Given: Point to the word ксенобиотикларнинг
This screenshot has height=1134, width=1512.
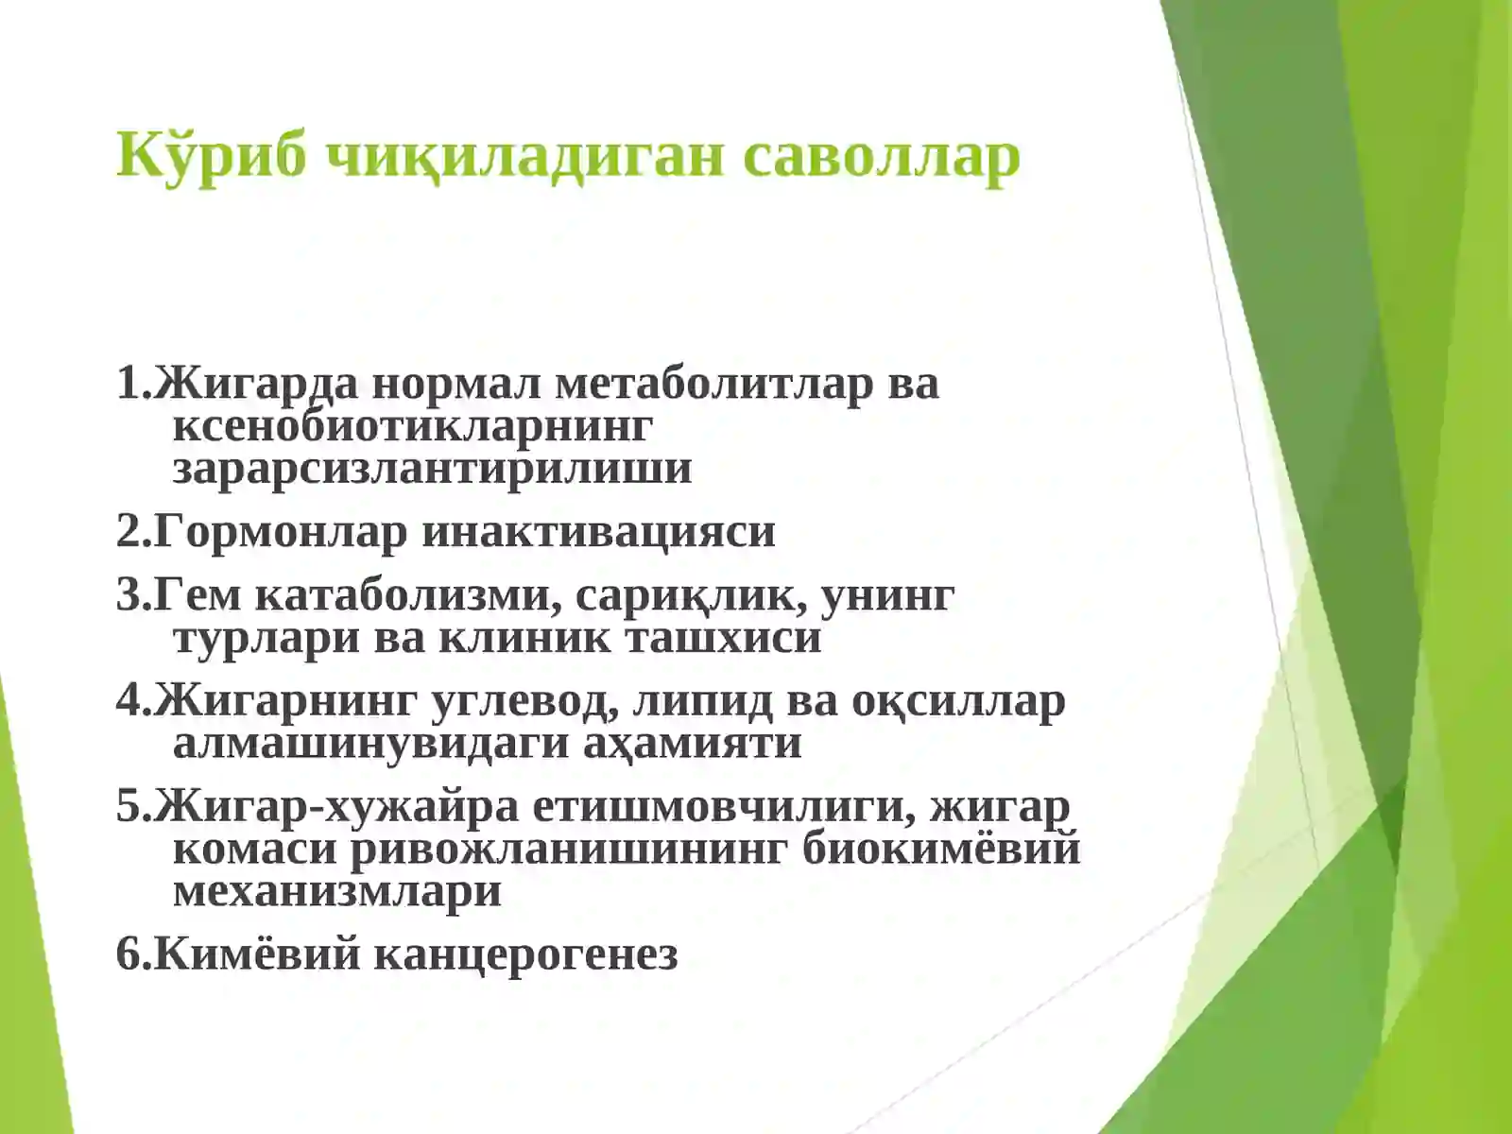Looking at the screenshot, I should tap(412, 425).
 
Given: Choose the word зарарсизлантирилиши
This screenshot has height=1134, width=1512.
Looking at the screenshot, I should tap(432, 468).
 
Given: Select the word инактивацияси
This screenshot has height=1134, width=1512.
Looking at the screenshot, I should tap(598, 531).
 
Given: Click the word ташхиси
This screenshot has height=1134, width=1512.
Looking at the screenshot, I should tap(725, 637).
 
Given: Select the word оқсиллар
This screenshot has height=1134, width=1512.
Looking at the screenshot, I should tap(958, 701).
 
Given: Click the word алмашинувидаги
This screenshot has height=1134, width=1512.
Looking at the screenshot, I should tap(370, 743).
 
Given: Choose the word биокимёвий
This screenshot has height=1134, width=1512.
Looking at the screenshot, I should tap(941, 849).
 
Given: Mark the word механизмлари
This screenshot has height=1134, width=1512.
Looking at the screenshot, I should tap(337, 890).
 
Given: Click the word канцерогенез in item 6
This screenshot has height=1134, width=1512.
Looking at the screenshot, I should tap(526, 954).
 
